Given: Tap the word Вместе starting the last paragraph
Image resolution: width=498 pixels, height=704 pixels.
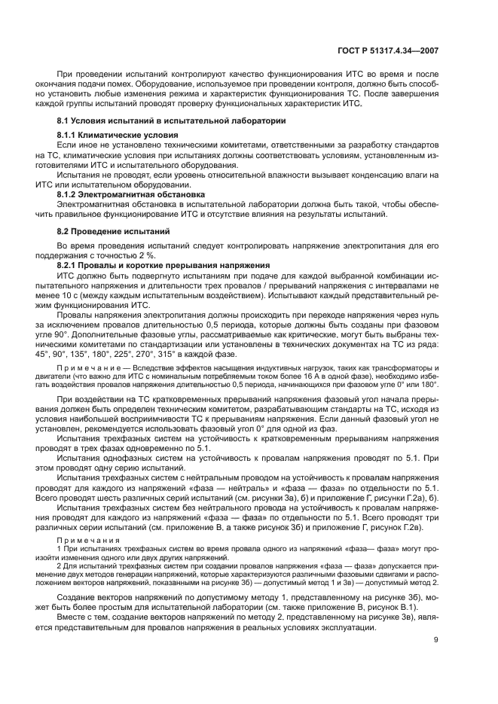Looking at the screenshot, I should [72, 617].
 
